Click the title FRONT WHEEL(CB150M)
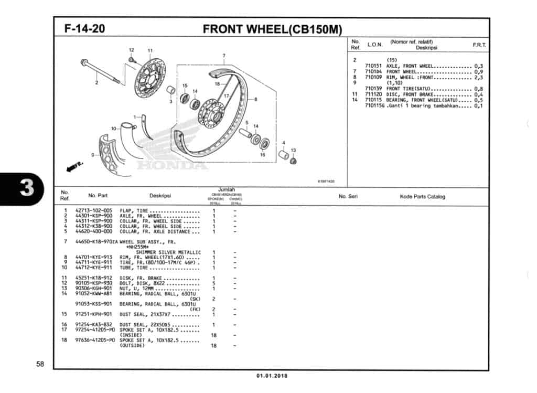(272, 29)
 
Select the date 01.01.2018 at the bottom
(272, 376)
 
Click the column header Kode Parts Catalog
(422, 197)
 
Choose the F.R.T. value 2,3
(478, 77)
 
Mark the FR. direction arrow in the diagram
(74, 167)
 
